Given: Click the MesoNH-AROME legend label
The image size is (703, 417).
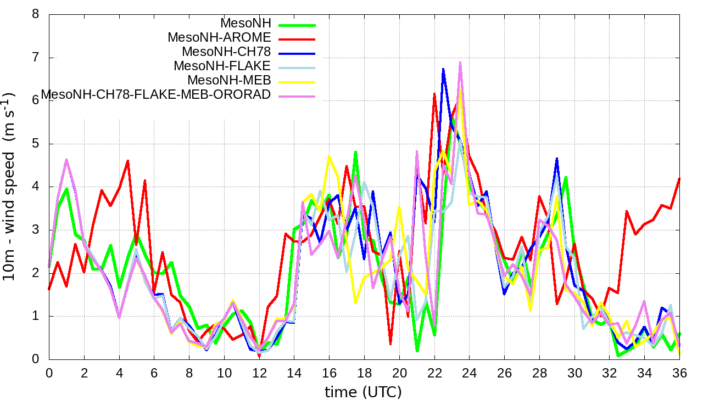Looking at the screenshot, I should point(219,38).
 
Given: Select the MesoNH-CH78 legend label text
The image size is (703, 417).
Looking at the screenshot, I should point(226,52).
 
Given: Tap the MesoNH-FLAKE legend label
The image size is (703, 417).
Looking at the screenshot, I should point(222,66).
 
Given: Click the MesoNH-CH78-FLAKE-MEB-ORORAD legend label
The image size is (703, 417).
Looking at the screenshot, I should point(156,94).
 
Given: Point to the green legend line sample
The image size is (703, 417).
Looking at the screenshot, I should point(297,25).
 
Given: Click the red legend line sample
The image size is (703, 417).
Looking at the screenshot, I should point(297,39).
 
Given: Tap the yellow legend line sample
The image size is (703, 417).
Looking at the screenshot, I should point(297,82).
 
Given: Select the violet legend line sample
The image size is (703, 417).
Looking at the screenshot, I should point(297,96).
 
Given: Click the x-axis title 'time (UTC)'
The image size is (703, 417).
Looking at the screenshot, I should point(364,392).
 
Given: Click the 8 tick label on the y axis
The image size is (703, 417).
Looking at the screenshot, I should point(36,14).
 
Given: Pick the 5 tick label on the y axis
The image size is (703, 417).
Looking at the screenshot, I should point(36,144).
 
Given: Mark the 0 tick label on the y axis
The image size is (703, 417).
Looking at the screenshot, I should point(36,359).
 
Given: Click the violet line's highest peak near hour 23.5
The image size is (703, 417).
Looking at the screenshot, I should point(460,63).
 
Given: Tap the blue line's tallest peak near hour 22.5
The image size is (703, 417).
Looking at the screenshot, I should point(443,69).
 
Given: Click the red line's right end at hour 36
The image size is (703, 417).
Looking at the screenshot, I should point(679,178).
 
